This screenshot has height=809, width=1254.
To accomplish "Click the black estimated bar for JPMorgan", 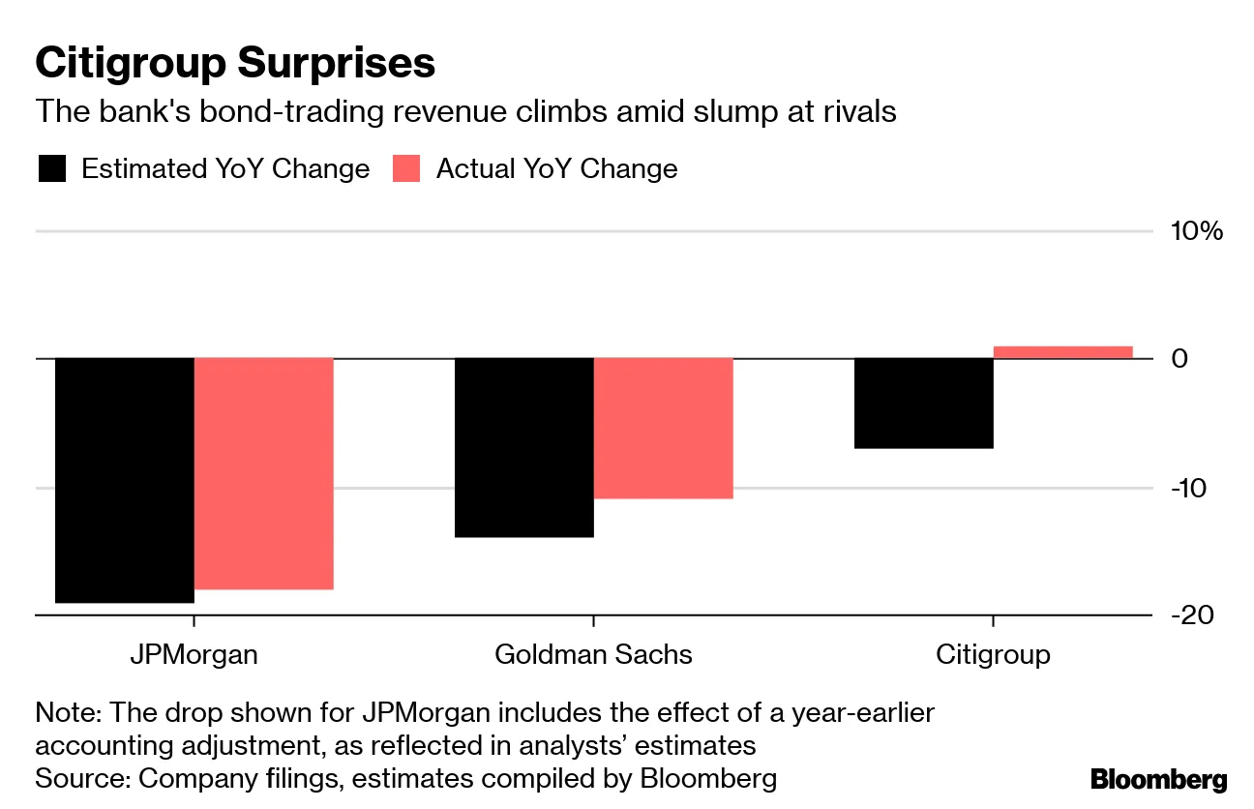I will pos(124,480).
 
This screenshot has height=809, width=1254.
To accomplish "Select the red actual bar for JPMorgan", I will pos(264,473).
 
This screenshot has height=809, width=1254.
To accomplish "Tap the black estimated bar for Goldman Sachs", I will pos(523,447).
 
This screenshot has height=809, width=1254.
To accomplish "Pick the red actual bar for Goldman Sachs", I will pos(663,428).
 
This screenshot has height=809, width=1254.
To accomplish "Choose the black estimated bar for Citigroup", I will pos(923,403).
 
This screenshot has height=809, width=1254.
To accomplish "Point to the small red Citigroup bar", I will pos(1062,352).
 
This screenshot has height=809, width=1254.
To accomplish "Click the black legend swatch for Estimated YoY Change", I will pos(51,169).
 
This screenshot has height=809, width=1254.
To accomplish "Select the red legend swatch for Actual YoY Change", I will pos(406,169).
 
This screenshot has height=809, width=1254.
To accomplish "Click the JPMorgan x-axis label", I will pos(194,654).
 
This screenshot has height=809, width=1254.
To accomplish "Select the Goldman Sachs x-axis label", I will pos(593,654).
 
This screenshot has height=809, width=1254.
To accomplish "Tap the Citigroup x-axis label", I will pos(993,654).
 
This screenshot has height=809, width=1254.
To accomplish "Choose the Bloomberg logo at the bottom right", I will pos(1158,779).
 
